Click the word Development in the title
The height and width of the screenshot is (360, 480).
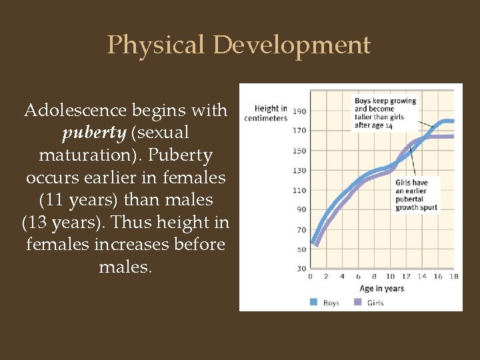(x=292, y=45)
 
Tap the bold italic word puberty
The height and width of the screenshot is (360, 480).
(x=93, y=133)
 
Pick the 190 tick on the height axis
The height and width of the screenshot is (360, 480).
(x=299, y=111)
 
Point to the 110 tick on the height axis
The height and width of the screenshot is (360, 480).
(x=299, y=190)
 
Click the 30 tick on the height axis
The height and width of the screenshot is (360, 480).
(x=301, y=268)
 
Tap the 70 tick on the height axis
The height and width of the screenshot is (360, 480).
(x=301, y=230)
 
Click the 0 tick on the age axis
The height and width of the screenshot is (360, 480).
(x=310, y=277)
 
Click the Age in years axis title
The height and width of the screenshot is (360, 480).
(x=382, y=289)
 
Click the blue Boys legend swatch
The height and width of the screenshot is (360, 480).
(x=314, y=302)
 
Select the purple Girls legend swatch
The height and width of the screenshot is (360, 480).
(x=358, y=302)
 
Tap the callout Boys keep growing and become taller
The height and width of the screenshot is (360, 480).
(x=385, y=113)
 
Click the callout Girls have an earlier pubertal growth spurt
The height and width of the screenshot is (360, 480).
(x=416, y=195)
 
